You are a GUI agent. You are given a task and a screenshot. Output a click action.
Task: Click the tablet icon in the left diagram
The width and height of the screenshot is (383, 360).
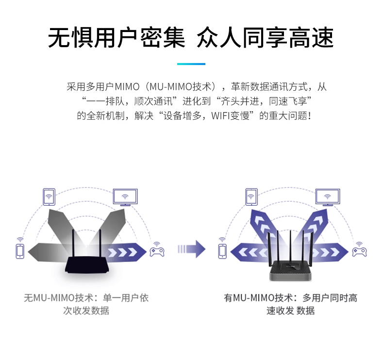(x=48, y=196)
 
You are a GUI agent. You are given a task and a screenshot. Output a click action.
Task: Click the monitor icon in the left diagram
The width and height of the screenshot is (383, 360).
(x=125, y=197)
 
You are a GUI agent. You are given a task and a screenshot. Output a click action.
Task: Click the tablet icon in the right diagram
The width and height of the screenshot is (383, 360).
(x=251, y=197)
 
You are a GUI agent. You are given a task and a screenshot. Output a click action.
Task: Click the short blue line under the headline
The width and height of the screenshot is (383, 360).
(x=191, y=64)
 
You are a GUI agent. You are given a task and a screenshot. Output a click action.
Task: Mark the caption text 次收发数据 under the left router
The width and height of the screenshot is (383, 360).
(x=86, y=311)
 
